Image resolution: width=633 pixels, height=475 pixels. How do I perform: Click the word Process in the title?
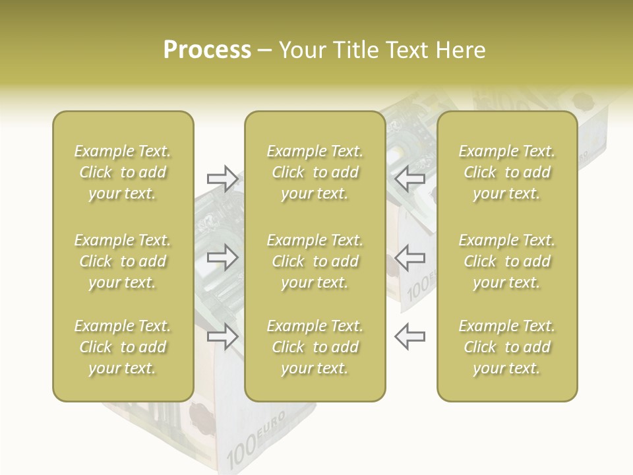coord(207,50)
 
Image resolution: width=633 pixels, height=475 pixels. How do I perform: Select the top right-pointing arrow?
coord(222,178)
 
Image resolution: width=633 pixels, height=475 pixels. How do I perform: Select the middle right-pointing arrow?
coord(222,257)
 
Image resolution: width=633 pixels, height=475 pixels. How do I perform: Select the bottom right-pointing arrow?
coord(222,336)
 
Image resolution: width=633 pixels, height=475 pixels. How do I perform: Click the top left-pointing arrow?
coord(410,178)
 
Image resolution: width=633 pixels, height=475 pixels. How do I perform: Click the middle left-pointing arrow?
coord(410,257)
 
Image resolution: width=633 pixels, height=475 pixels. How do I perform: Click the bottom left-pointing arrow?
coord(410,336)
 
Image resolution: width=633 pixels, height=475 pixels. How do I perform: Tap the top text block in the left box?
coord(123,172)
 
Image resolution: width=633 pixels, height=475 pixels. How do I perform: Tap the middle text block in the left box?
coord(123,261)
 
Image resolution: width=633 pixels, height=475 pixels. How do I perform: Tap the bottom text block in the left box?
coord(123,347)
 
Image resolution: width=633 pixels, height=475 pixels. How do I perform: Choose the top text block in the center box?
coord(315,172)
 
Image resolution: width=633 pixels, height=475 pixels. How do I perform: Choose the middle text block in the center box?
coord(315,261)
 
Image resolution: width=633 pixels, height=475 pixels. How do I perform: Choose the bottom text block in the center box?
coord(315,347)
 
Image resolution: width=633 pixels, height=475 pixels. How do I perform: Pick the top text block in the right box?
coord(507,172)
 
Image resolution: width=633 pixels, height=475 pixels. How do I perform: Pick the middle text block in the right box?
coord(507,261)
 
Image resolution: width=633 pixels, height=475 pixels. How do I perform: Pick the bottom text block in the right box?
coord(507,347)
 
